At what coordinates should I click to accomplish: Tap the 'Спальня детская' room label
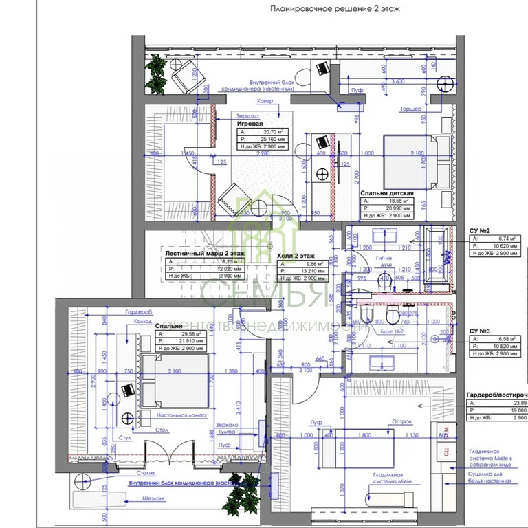(x=386, y=194)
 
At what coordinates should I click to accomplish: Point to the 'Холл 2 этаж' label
(x=298, y=255)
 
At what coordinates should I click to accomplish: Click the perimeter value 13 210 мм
(x=321, y=270)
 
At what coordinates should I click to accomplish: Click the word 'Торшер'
(x=410, y=109)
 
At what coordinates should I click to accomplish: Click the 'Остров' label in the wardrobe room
(x=401, y=421)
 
